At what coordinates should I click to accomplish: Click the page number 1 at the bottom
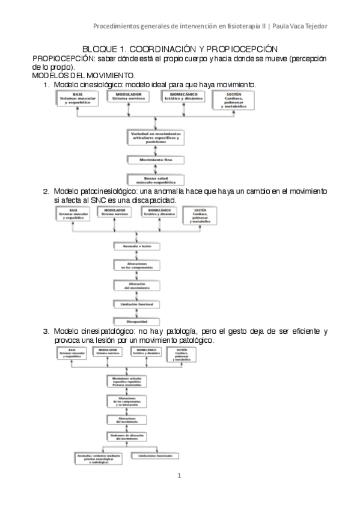click(x=179, y=476)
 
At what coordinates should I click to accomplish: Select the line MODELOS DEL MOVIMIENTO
click(x=83, y=76)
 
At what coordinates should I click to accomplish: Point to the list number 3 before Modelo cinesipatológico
click(x=46, y=331)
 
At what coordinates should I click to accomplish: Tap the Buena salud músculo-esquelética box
click(x=156, y=179)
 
